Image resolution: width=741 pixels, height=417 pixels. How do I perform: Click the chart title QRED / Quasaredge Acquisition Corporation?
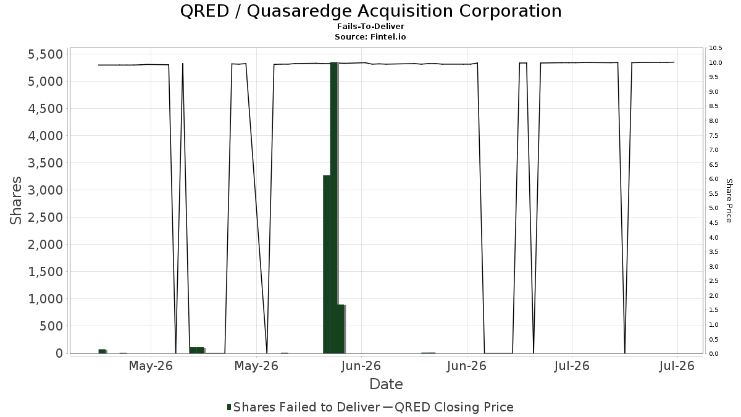[371, 11]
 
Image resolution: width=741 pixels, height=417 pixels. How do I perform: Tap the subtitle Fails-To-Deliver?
[371, 26]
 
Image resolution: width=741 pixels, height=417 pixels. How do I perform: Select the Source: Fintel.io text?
[370, 36]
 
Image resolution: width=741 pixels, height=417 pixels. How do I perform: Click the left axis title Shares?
[15, 201]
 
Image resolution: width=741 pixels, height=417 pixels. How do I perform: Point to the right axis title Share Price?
[729, 201]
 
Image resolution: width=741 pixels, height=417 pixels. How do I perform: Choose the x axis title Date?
[386, 384]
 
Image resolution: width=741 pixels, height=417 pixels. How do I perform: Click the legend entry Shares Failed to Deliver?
[306, 407]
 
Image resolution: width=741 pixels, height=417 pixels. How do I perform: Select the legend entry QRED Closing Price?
[454, 407]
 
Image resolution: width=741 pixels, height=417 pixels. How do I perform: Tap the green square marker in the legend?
[229, 407]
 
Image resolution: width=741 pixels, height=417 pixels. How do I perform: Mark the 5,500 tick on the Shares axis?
[45, 54]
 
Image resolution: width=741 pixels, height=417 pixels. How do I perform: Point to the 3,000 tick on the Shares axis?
[45, 190]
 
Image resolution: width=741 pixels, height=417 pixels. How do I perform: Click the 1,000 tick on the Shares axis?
[45, 299]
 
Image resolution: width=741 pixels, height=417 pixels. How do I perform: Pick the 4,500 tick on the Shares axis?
[45, 109]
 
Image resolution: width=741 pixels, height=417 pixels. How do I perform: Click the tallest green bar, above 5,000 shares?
[334, 208]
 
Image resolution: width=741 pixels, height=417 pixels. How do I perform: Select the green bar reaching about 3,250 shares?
[327, 264]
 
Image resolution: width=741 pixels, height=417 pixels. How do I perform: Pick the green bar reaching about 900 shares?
[341, 329]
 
